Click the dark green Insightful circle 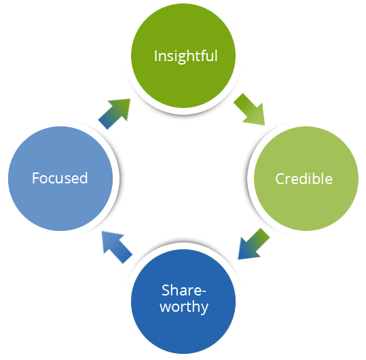click(183, 56)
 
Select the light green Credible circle click(306, 179)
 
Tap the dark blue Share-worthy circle click(183, 302)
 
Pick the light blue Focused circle click(60, 179)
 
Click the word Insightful click(186, 56)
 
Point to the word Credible click(304, 179)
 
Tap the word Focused click(60, 178)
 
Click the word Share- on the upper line click(184, 291)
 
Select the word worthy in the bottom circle click(184, 307)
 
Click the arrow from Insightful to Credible click(250, 110)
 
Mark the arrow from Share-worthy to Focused click(117, 247)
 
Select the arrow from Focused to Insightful click(115, 113)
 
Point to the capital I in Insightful click(155, 56)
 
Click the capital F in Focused click(36, 178)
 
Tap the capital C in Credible click(279, 179)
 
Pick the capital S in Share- click(166, 291)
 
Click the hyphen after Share click(204, 292)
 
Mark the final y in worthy click(204, 308)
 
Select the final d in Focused click(84, 178)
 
